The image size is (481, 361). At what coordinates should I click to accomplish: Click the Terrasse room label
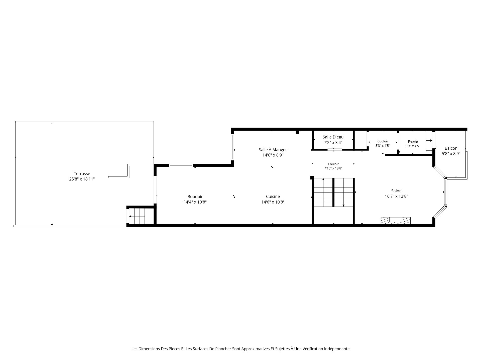tap(82, 173)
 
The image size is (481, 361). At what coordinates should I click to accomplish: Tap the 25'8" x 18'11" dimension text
tap(82, 179)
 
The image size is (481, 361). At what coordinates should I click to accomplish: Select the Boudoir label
tap(195, 197)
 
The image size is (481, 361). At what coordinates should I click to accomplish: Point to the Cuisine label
tap(273, 197)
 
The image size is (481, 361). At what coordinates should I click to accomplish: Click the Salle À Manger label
tap(273, 150)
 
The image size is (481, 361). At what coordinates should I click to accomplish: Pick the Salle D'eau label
tap(333, 137)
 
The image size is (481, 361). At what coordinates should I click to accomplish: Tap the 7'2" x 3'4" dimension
tap(333, 143)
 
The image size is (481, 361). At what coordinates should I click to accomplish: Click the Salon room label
tap(396, 191)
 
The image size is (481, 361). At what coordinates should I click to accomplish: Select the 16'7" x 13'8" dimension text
tap(396, 196)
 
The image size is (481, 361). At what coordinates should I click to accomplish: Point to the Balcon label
tap(451, 148)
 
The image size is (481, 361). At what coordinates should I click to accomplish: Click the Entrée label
tap(413, 142)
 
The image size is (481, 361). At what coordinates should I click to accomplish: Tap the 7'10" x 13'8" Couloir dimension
tap(333, 168)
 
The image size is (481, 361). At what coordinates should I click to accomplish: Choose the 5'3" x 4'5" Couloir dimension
tap(383, 145)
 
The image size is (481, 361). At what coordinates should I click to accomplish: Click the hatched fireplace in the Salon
tap(396, 221)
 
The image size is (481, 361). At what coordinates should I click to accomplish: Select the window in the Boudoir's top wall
tap(181, 165)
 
